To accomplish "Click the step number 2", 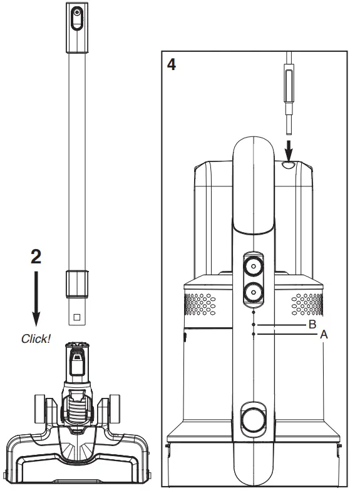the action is pos(36,257).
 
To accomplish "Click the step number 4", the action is pos(172,64).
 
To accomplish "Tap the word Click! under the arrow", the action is pos(36,338).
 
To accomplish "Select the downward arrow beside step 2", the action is pos(36,298).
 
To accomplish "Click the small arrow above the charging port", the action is pos(289,151).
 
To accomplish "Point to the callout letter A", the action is pos(324,335).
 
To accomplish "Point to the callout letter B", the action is pos(312,324).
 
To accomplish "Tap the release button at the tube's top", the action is pos(76,19).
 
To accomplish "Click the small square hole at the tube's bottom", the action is pos(77,317).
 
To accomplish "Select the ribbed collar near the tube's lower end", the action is pos(77,283).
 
